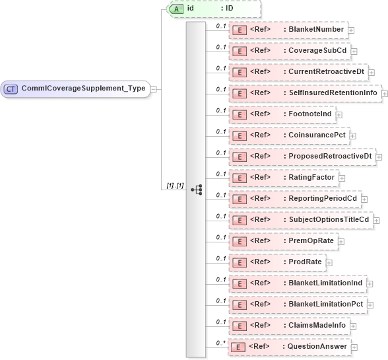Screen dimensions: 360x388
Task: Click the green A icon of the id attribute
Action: click(176, 9)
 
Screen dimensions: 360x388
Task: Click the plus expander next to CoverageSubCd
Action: click(354, 51)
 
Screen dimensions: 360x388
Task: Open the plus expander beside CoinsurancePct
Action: click(352, 135)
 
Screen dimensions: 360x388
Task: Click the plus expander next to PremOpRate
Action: click(341, 241)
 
